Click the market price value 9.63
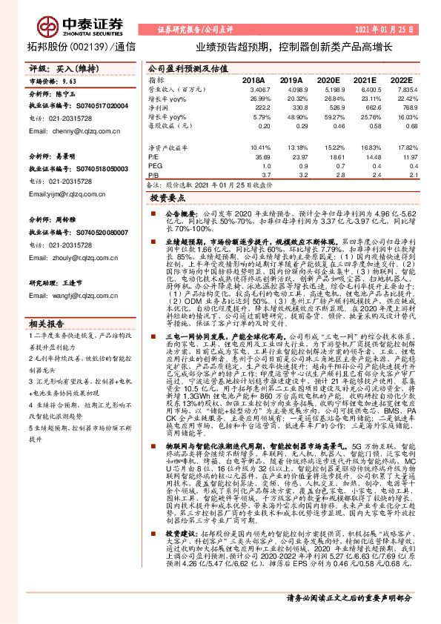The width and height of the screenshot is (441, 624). tap(70, 81)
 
